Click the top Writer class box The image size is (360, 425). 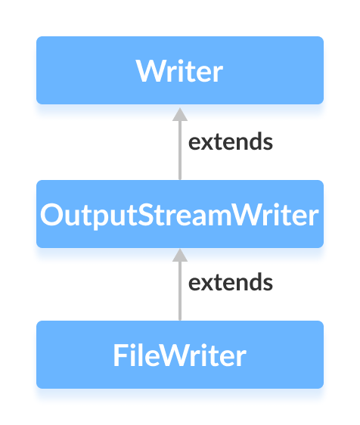coord(180,70)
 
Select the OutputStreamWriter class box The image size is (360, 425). coord(180,214)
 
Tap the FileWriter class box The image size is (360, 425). coord(180,355)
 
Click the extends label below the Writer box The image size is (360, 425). coord(230,142)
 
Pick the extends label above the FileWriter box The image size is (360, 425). coord(230,283)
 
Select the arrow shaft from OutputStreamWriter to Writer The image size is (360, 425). coord(180,151)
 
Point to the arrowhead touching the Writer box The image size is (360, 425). coord(180,113)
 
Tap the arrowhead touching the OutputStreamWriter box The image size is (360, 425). coord(180,255)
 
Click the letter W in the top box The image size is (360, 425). coord(148,71)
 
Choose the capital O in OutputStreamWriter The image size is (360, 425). coord(51,215)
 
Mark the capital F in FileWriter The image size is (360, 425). coord(119,355)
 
